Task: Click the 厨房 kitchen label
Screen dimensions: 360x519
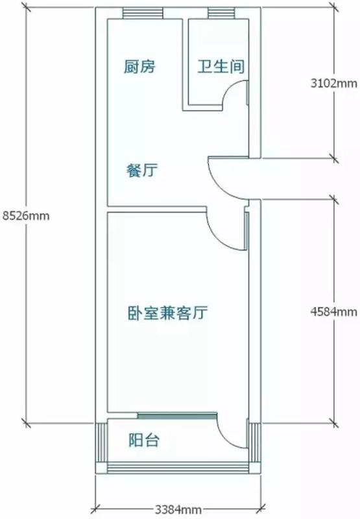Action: coord(139,66)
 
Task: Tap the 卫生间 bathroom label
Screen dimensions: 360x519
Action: coord(221,66)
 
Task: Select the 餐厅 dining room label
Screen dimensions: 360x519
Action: coord(142,171)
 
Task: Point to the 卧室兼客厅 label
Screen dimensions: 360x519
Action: coord(168,313)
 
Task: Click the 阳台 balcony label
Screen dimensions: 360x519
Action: coord(144,441)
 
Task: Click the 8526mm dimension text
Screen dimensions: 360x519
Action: coord(26,216)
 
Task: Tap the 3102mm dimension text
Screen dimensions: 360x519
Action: coord(334,83)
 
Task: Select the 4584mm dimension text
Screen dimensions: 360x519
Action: coord(334,312)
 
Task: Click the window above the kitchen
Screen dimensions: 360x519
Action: coord(143,13)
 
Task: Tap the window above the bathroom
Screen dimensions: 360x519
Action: coord(221,13)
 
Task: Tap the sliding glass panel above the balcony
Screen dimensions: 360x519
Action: coord(177,416)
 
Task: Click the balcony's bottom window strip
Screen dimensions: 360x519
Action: coord(178,468)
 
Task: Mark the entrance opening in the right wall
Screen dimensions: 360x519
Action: coord(255,178)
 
